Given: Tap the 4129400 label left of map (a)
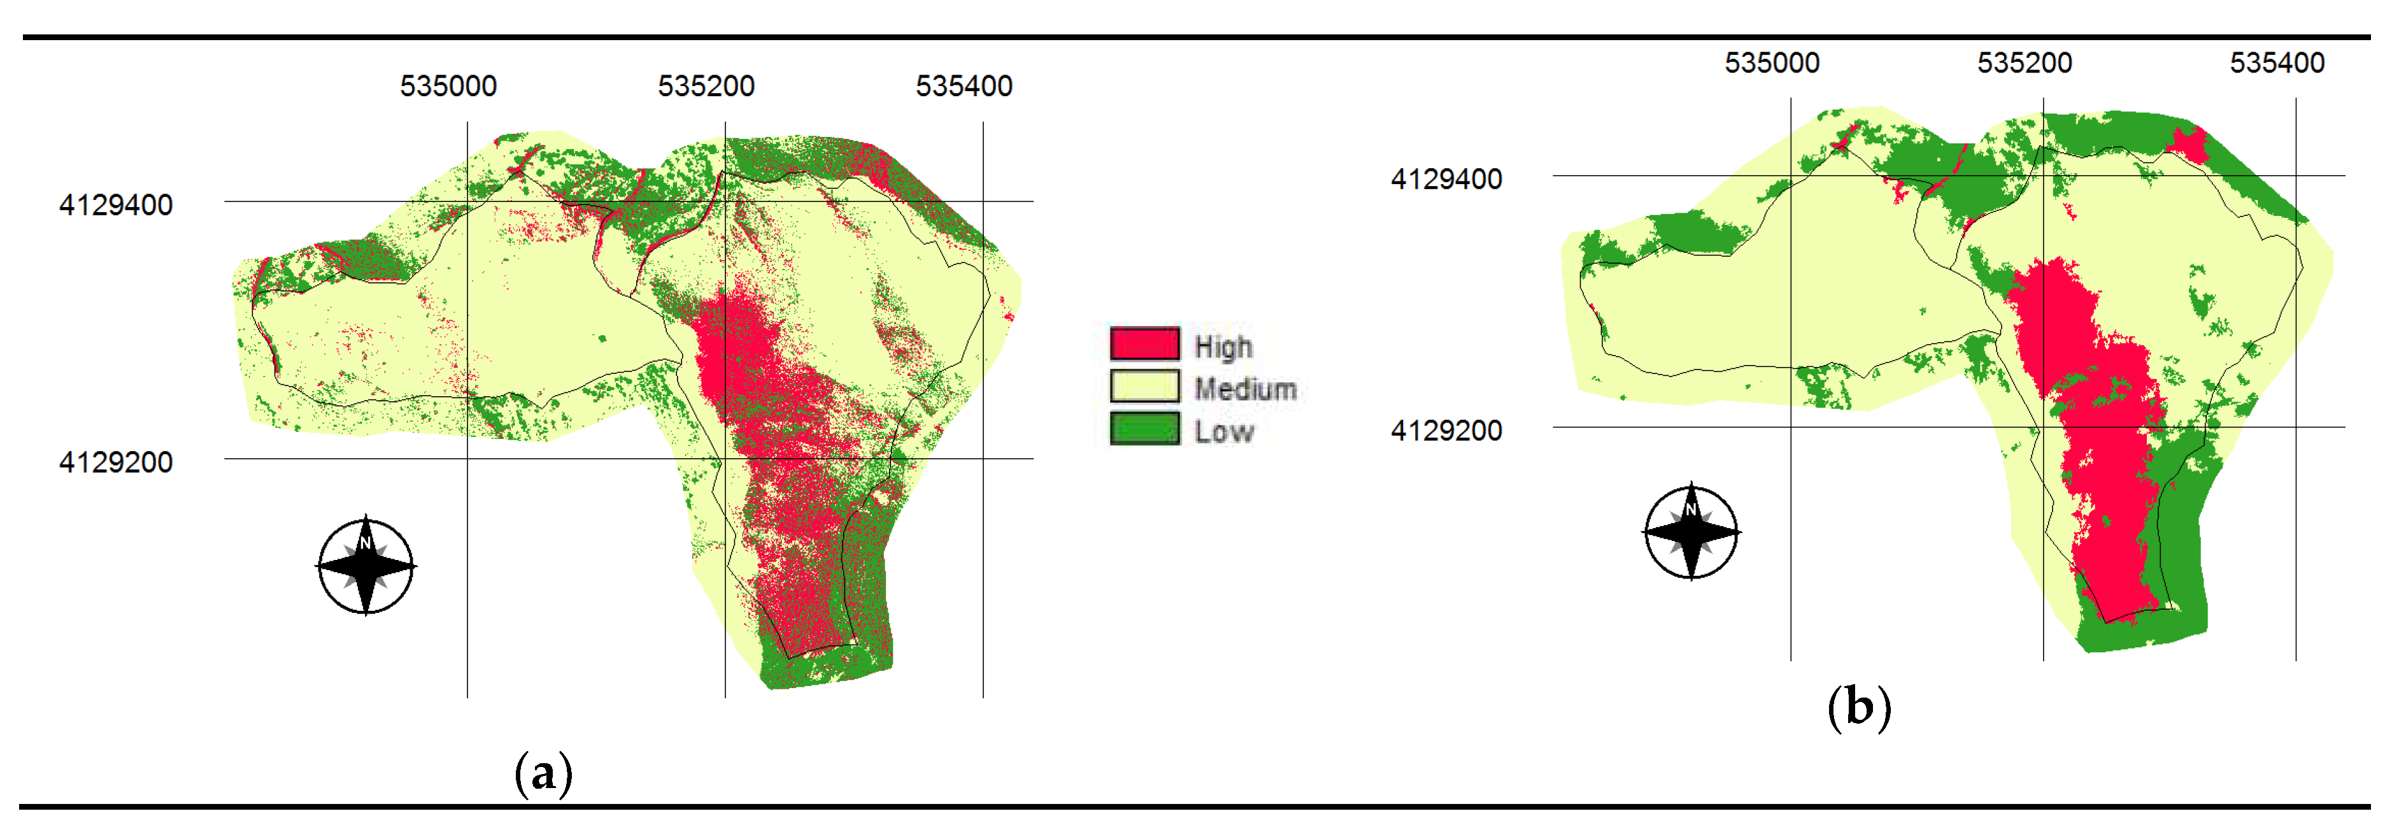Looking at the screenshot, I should (115, 205).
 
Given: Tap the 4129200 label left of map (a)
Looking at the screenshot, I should (115, 462).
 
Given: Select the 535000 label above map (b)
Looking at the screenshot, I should (1771, 63).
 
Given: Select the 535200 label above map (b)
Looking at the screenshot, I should (2025, 63).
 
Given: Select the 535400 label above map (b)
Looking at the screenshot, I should (2277, 63).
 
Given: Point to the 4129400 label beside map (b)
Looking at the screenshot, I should (1446, 179).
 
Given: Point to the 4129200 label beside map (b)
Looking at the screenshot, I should (1446, 430).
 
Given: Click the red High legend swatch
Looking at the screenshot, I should (1144, 343).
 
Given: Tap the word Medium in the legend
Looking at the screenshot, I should (1245, 389).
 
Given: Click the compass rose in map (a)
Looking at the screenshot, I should (366, 565).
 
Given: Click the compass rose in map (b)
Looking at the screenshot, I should (1691, 532).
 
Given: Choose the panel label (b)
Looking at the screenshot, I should (1859, 706).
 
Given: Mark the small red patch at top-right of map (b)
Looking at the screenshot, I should (2188, 145).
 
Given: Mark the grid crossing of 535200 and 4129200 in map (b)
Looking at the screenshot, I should (2043, 427).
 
